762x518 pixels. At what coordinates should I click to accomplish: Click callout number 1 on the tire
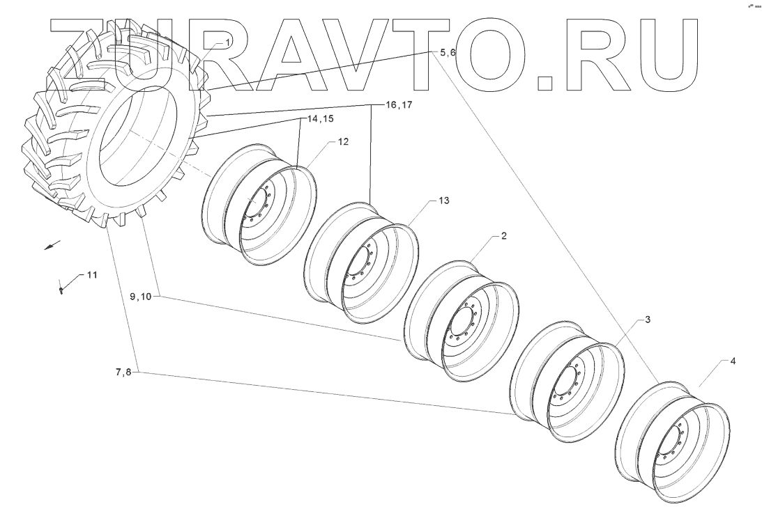pyautogui.click(x=227, y=43)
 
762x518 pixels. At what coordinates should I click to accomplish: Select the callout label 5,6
pyautogui.click(x=447, y=53)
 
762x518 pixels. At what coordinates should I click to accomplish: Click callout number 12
pyautogui.click(x=343, y=142)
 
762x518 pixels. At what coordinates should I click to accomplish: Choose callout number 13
pyautogui.click(x=444, y=201)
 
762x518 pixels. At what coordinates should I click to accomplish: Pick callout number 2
pyautogui.click(x=504, y=236)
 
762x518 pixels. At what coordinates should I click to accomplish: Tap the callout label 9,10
pyautogui.click(x=141, y=296)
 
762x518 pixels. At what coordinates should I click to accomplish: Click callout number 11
pyautogui.click(x=92, y=275)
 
